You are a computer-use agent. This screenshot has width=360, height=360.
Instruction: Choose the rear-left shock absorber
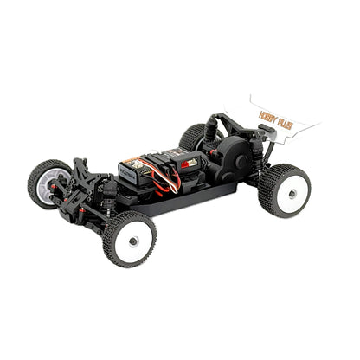pos(208,130)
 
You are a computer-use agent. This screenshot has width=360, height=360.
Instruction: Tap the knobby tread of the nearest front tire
pos(113,247)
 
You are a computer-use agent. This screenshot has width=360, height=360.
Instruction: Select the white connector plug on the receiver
pos(190,162)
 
